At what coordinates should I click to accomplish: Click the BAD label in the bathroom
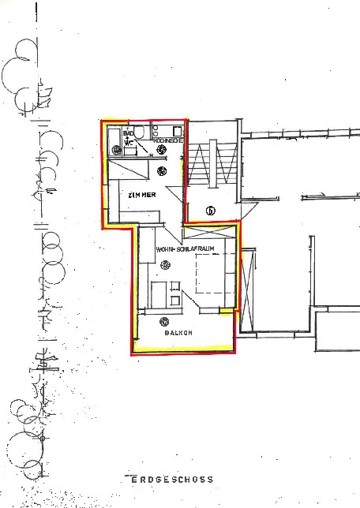coord(126,133)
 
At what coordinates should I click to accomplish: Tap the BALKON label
coord(178,333)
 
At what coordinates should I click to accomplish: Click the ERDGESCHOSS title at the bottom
coord(178,479)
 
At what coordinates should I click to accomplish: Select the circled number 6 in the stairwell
coord(211,210)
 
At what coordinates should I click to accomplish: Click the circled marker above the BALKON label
coord(165,320)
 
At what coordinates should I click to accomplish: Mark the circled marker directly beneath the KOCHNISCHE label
coord(161,148)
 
